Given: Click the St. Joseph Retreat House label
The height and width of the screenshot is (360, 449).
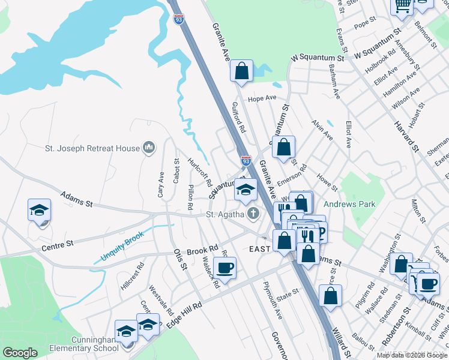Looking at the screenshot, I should click(92, 147).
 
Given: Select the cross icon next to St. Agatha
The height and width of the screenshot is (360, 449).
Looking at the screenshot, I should click(255, 213).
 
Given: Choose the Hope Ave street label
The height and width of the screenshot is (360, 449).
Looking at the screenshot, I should click(262, 98).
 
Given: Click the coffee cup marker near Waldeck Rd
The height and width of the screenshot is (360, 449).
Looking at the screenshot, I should click(225, 268).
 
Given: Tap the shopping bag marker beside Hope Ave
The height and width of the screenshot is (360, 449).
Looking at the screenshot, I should click(241, 71).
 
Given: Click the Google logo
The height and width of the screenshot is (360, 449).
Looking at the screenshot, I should click(20, 353).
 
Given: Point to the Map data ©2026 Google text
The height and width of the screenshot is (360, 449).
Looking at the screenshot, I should click(411, 355).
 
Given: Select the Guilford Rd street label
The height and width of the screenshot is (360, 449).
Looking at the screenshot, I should click(239, 117).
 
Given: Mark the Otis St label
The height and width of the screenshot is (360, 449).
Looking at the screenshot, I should click(179, 262).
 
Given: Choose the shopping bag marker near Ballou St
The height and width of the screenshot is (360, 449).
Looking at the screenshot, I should click(331, 295).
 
